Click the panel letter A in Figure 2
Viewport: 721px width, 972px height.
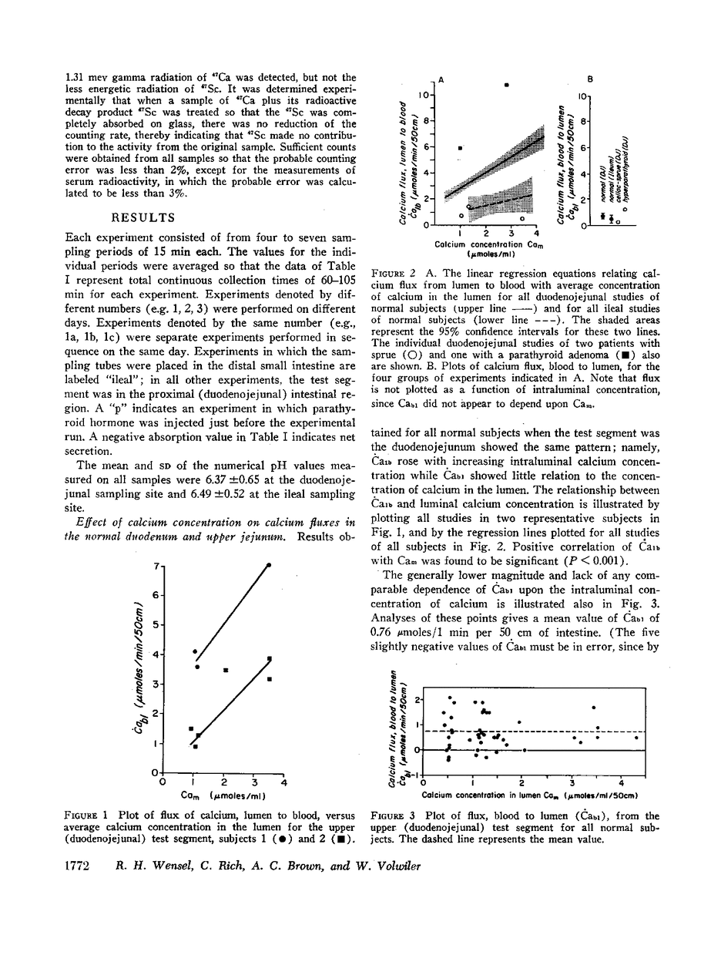pos(440,79)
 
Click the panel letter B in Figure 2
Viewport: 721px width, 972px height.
pos(589,79)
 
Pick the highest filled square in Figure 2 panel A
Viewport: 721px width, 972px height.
pos(506,84)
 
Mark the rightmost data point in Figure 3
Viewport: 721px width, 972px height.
pos(636,738)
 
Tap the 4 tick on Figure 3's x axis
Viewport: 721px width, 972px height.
pos(622,785)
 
